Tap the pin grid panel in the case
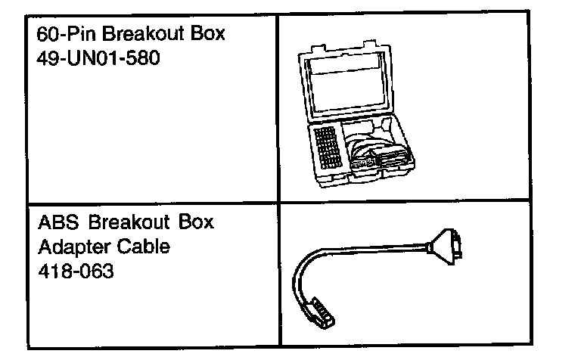[x=329, y=147]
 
